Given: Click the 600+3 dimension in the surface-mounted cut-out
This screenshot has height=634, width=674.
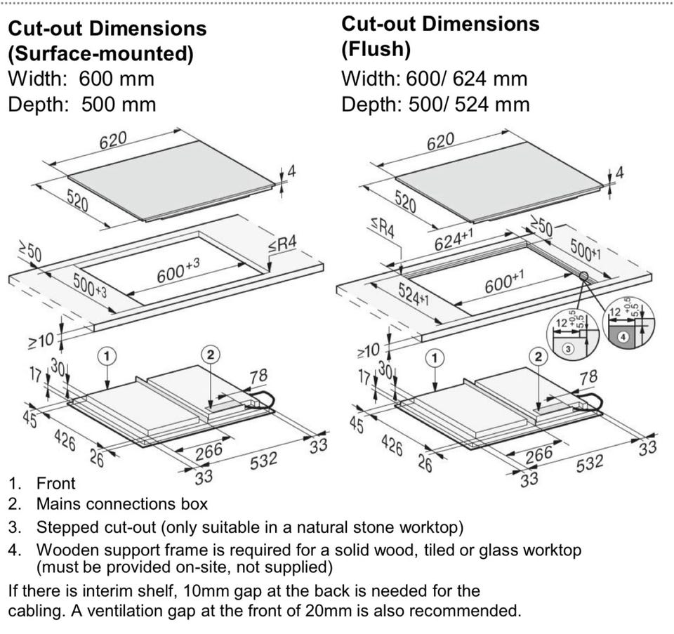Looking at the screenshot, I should point(178,270).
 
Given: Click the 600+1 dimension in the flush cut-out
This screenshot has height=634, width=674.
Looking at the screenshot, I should point(504,283).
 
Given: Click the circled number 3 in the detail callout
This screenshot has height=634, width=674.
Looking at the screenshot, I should point(569,348).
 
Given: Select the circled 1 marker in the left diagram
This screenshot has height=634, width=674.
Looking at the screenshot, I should point(106,356).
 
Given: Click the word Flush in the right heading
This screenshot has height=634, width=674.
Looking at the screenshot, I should point(376,50).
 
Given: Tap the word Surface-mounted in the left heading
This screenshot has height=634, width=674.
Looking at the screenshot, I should point(99,53).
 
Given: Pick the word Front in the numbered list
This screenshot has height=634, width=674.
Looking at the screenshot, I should point(55,483).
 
